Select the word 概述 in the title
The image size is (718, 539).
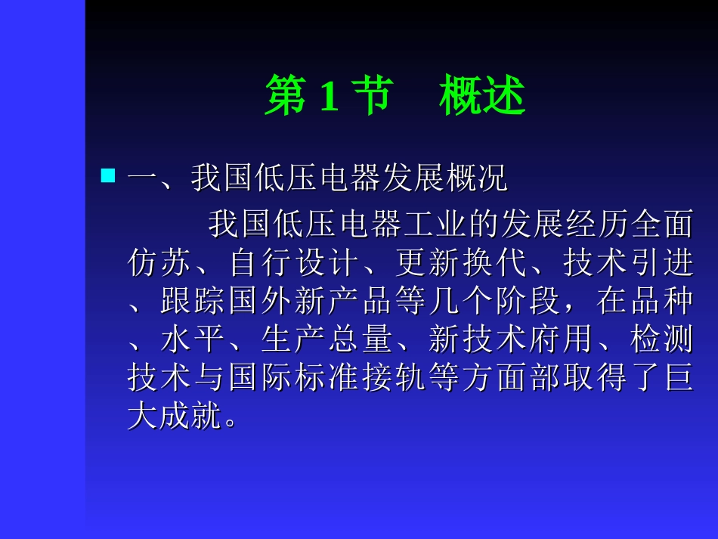[x=482, y=97]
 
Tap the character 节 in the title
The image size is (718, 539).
[x=367, y=97]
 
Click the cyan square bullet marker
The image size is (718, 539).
[x=108, y=177]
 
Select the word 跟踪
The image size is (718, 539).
[x=193, y=302]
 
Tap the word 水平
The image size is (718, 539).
[x=193, y=340]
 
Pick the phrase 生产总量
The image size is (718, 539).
[x=327, y=340]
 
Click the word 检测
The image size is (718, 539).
[x=660, y=340]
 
